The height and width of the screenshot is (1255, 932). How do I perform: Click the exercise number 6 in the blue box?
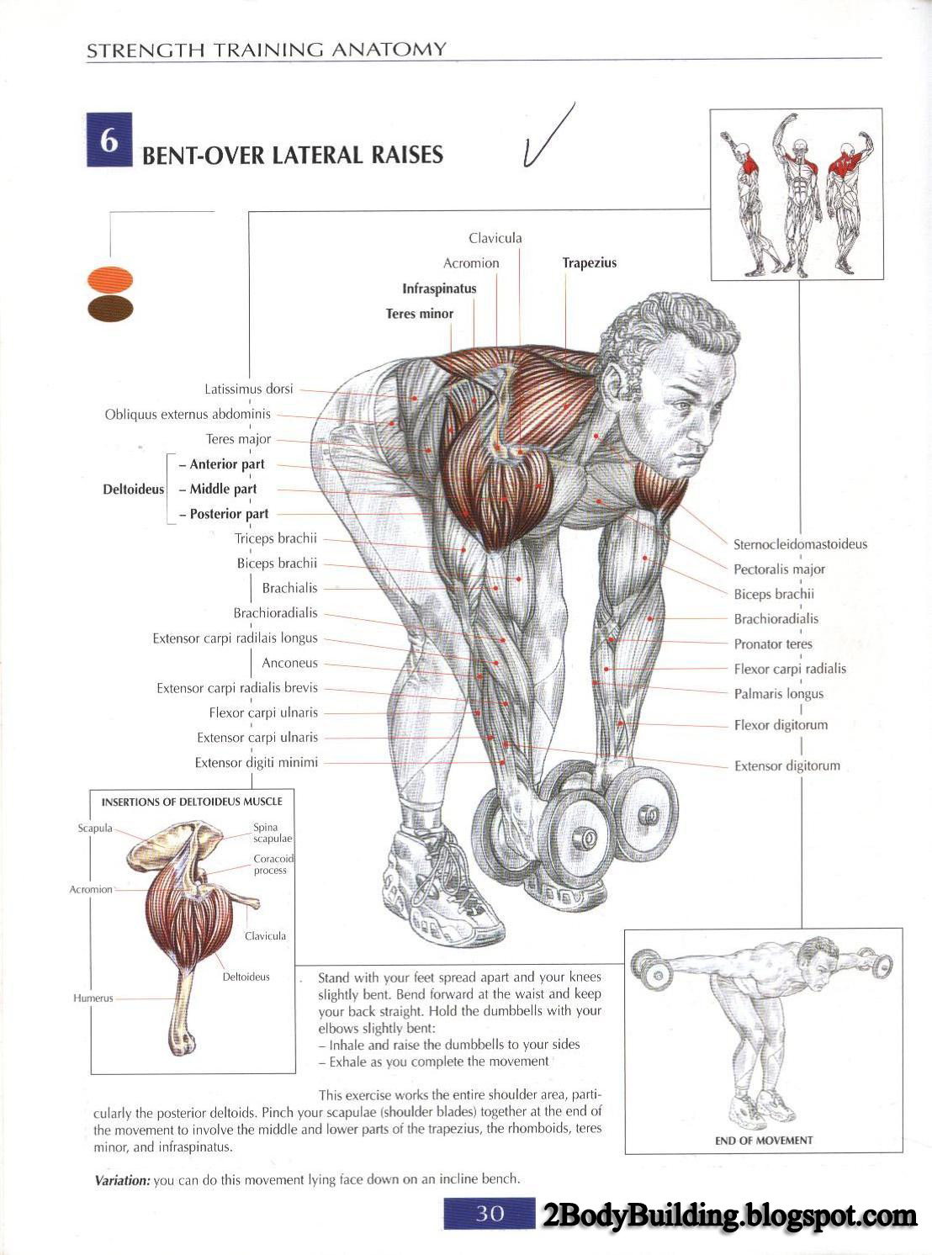[109, 140]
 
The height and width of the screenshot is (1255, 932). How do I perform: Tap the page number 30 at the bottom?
[490, 1213]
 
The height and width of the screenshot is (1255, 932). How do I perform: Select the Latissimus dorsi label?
[249, 389]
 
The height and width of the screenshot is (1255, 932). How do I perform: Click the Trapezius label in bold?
[589, 262]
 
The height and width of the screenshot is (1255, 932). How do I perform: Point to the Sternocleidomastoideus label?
[799, 544]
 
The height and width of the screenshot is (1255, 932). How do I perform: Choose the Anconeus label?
[289, 663]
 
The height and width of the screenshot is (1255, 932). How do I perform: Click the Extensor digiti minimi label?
[257, 763]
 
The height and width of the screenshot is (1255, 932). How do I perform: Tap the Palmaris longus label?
[778, 694]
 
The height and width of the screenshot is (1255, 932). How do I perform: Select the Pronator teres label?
[773, 644]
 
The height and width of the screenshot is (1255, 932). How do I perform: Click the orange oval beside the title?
[110, 278]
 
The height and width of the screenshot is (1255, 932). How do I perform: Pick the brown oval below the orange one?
[110, 308]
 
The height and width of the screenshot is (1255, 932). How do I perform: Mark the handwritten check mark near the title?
[547, 136]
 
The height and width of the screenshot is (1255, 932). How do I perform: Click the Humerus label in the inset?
[93, 998]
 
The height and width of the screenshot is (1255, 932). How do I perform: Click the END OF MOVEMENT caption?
[764, 1141]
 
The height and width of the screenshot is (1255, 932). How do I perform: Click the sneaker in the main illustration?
[442, 883]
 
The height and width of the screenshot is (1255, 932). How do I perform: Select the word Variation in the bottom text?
[122, 1180]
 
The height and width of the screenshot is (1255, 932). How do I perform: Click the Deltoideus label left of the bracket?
[134, 489]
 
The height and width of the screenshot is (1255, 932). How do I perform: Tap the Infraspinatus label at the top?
[439, 289]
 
